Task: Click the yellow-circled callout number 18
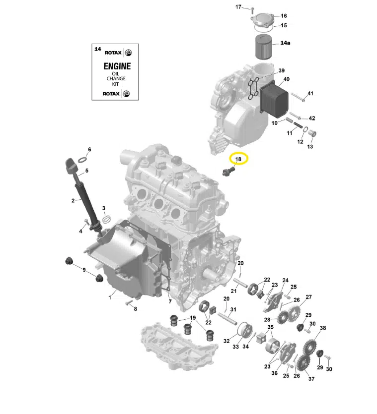(x=238, y=159)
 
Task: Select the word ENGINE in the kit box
(x=117, y=66)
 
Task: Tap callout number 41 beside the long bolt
(x=310, y=94)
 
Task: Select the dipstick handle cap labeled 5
(x=71, y=166)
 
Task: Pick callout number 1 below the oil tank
(x=110, y=297)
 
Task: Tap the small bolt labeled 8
(x=129, y=301)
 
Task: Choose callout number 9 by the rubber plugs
(x=84, y=270)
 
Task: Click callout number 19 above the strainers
(x=192, y=318)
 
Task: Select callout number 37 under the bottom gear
(x=311, y=379)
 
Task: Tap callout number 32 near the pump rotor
(x=226, y=341)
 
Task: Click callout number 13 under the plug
(x=310, y=146)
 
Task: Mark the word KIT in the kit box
(x=115, y=84)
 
